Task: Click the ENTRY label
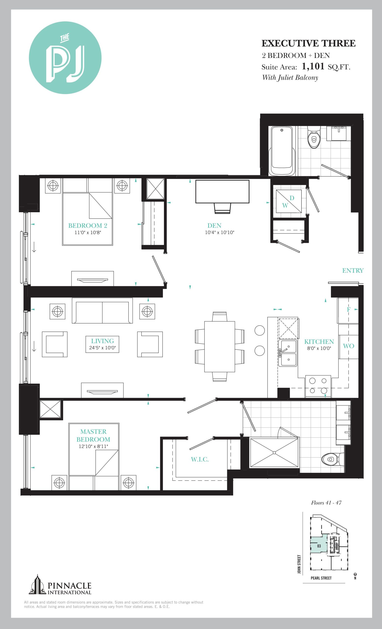click(x=353, y=271)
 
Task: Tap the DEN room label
click(x=214, y=225)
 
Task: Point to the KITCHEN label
click(x=319, y=342)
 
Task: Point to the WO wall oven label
click(x=348, y=346)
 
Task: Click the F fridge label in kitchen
click(x=348, y=309)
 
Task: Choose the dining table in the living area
click(x=219, y=346)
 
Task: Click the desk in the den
click(x=222, y=191)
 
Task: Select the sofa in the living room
click(x=102, y=311)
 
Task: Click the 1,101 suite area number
click(x=313, y=67)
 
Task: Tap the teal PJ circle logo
click(x=65, y=58)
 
